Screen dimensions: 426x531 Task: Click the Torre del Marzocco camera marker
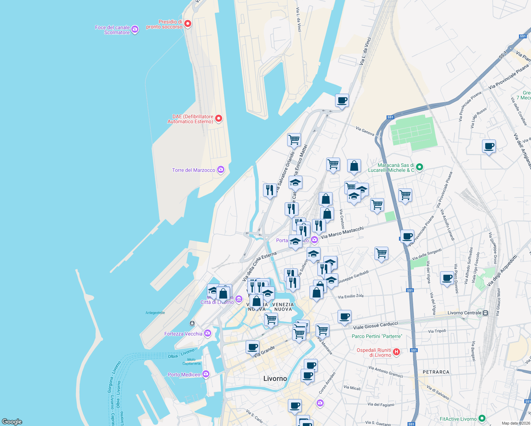221,170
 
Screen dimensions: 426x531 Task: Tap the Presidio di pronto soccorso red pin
188,24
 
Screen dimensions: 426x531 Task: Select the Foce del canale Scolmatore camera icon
135,29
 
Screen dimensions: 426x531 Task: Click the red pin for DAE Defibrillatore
219,119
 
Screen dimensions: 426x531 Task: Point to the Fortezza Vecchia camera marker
208,333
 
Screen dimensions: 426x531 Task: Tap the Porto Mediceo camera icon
206,374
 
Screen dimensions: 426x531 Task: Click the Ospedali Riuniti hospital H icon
396,352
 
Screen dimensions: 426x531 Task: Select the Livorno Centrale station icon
485,313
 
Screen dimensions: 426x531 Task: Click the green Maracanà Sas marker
419,167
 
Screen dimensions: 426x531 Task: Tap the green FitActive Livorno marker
482,419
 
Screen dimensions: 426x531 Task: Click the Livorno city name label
275,378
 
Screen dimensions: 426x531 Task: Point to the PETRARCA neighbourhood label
436,372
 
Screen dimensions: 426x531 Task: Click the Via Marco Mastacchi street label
342,233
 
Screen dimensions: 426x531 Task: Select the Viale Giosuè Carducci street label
376,325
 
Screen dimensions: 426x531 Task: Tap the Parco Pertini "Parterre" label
377,336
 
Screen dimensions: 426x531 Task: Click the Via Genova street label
365,131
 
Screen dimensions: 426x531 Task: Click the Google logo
12,421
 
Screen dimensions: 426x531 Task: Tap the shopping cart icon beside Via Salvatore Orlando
294,140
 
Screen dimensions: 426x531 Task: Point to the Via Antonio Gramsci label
385,372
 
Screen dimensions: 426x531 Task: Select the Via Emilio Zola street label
351,296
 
